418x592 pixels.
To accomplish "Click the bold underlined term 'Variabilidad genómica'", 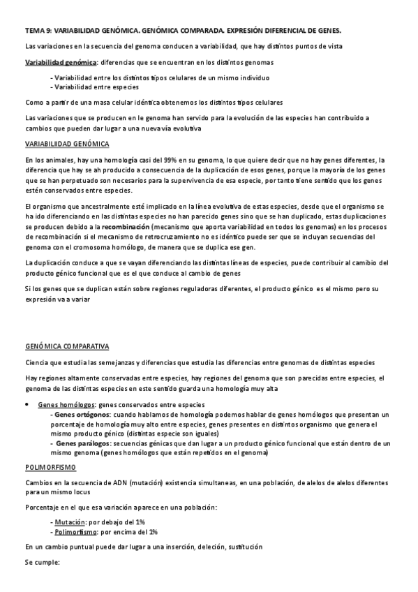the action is coord(60,62).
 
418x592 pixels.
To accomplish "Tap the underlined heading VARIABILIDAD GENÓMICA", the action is coord(66,144).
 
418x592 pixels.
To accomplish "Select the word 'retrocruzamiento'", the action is coord(186,237).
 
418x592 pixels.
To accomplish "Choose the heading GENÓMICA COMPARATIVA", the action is coord(70,346).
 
